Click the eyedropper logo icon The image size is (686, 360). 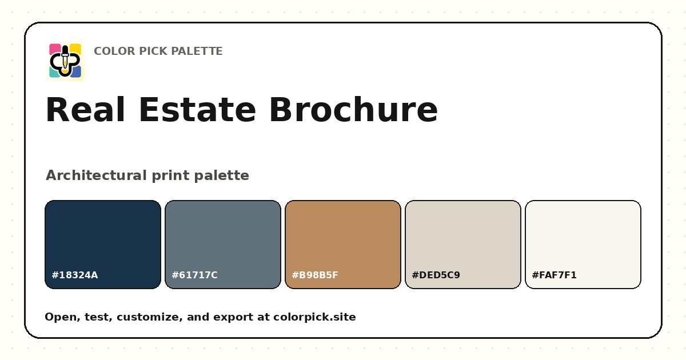65,61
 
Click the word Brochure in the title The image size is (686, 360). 353,110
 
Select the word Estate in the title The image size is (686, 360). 197,110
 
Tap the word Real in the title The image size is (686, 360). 85,110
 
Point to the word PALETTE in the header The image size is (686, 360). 197,51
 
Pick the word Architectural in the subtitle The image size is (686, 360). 96,175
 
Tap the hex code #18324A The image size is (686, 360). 75,275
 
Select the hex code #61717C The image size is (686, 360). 194,275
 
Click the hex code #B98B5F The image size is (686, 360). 315,275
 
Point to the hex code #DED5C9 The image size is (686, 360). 436,275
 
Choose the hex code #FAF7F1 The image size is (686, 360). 554,275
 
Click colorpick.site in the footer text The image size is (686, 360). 314,317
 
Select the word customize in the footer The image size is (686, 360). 150,317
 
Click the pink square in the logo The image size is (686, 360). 54,49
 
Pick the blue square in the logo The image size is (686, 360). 76,72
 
